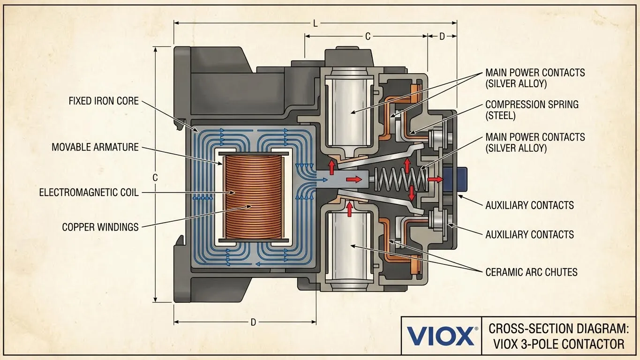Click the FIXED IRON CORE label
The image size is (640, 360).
click(x=104, y=101)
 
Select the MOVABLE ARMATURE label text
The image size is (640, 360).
click(x=95, y=147)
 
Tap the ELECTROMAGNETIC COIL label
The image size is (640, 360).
click(x=89, y=192)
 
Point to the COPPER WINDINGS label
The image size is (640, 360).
click(x=100, y=227)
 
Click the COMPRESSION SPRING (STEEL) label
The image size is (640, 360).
click(x=532, y=110)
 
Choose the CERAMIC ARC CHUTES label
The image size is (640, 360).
click(x=531, y=272)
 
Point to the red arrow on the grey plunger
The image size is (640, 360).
click(x=354, y=179)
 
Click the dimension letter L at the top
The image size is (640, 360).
click(x=315, y=23)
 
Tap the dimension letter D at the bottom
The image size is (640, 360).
click(x=253, y=322)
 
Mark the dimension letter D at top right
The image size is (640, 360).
click(x=442, y=37)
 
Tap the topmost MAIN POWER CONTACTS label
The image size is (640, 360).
click(x=535, y=78)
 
